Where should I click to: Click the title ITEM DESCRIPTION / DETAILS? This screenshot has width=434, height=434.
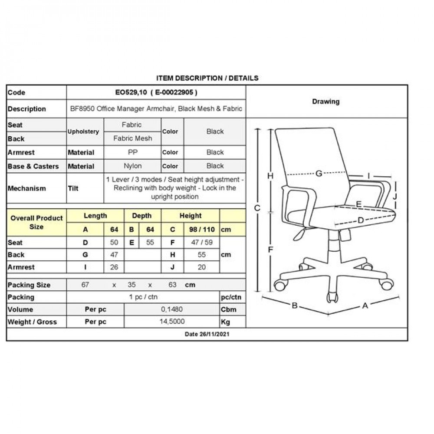[207, 78]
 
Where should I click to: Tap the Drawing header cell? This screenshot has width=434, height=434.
[326, 102]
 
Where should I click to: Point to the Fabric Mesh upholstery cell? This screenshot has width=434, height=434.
[132, 138]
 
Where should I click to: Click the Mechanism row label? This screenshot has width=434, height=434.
[26, 188]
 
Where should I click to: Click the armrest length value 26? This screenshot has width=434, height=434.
[114, 267]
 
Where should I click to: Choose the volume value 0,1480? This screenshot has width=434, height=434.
[172, 309]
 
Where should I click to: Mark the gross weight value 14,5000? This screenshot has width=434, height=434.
[172, 322]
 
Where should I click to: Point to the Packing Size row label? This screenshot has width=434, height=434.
[29, 285]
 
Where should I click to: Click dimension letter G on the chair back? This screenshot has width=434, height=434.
[319, 174]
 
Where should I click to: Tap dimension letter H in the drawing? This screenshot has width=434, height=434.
[270, 176]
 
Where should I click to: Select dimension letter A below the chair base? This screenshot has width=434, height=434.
[365, 306]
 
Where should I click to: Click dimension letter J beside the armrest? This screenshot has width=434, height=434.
[395, 196]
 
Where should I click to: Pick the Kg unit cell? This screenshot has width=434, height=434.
[226, 322]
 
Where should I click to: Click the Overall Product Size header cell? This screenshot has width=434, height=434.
[36, 222]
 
